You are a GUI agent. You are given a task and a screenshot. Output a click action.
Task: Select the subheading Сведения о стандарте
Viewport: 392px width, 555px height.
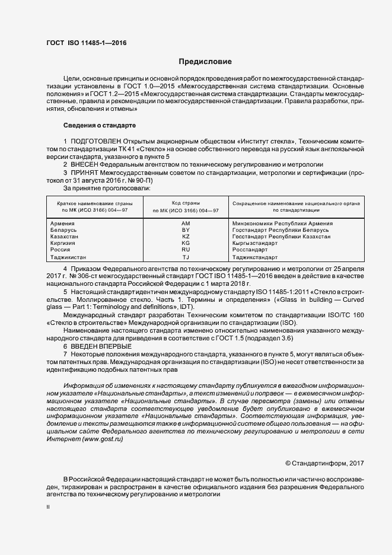[x=100, y=126]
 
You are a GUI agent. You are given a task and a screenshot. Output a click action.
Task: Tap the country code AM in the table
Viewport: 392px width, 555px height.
[x=185, y=224]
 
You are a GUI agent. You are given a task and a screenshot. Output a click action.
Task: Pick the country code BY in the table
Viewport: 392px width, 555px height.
[x=185, y=230]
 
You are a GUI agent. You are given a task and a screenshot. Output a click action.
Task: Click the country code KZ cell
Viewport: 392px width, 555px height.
[x=185, y=237]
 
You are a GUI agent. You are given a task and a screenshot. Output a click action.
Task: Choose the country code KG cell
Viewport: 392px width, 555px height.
[x=185, y=243]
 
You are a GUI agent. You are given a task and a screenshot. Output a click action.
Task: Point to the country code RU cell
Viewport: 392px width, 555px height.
[x=185, y=250]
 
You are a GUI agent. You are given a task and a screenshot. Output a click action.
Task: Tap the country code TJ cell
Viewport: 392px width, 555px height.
[x=185, y=257]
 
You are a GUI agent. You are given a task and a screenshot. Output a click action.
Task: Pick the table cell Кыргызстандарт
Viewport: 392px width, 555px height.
[x=256, y=243]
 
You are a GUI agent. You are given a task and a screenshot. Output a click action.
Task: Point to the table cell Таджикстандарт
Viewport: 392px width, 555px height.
[x=256, y=257]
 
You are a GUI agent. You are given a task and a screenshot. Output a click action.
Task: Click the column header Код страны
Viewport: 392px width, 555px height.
[x=185, y=203]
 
